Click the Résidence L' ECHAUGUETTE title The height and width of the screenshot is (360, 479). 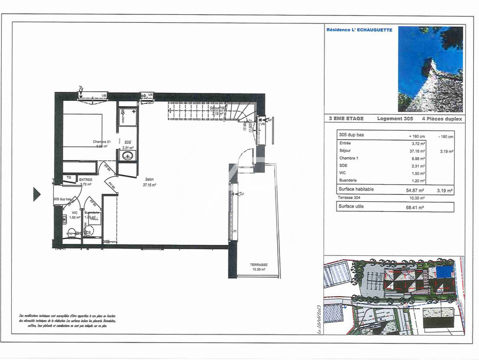tap(360, 30)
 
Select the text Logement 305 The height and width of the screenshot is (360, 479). tap(395, 119)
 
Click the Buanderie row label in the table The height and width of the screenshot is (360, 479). tap(349, 181)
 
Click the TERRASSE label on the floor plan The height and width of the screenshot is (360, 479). tap(259, 264)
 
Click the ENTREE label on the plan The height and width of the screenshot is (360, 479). tap(86, 180)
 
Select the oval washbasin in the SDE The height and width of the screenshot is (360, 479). tap(127, 156)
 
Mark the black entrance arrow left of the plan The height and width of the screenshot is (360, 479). tap(37, 194)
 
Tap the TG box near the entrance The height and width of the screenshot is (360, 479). tap(69, 177)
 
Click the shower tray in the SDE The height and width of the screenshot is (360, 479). tap(127, 117)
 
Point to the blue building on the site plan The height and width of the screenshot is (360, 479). tap(442, 272)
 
